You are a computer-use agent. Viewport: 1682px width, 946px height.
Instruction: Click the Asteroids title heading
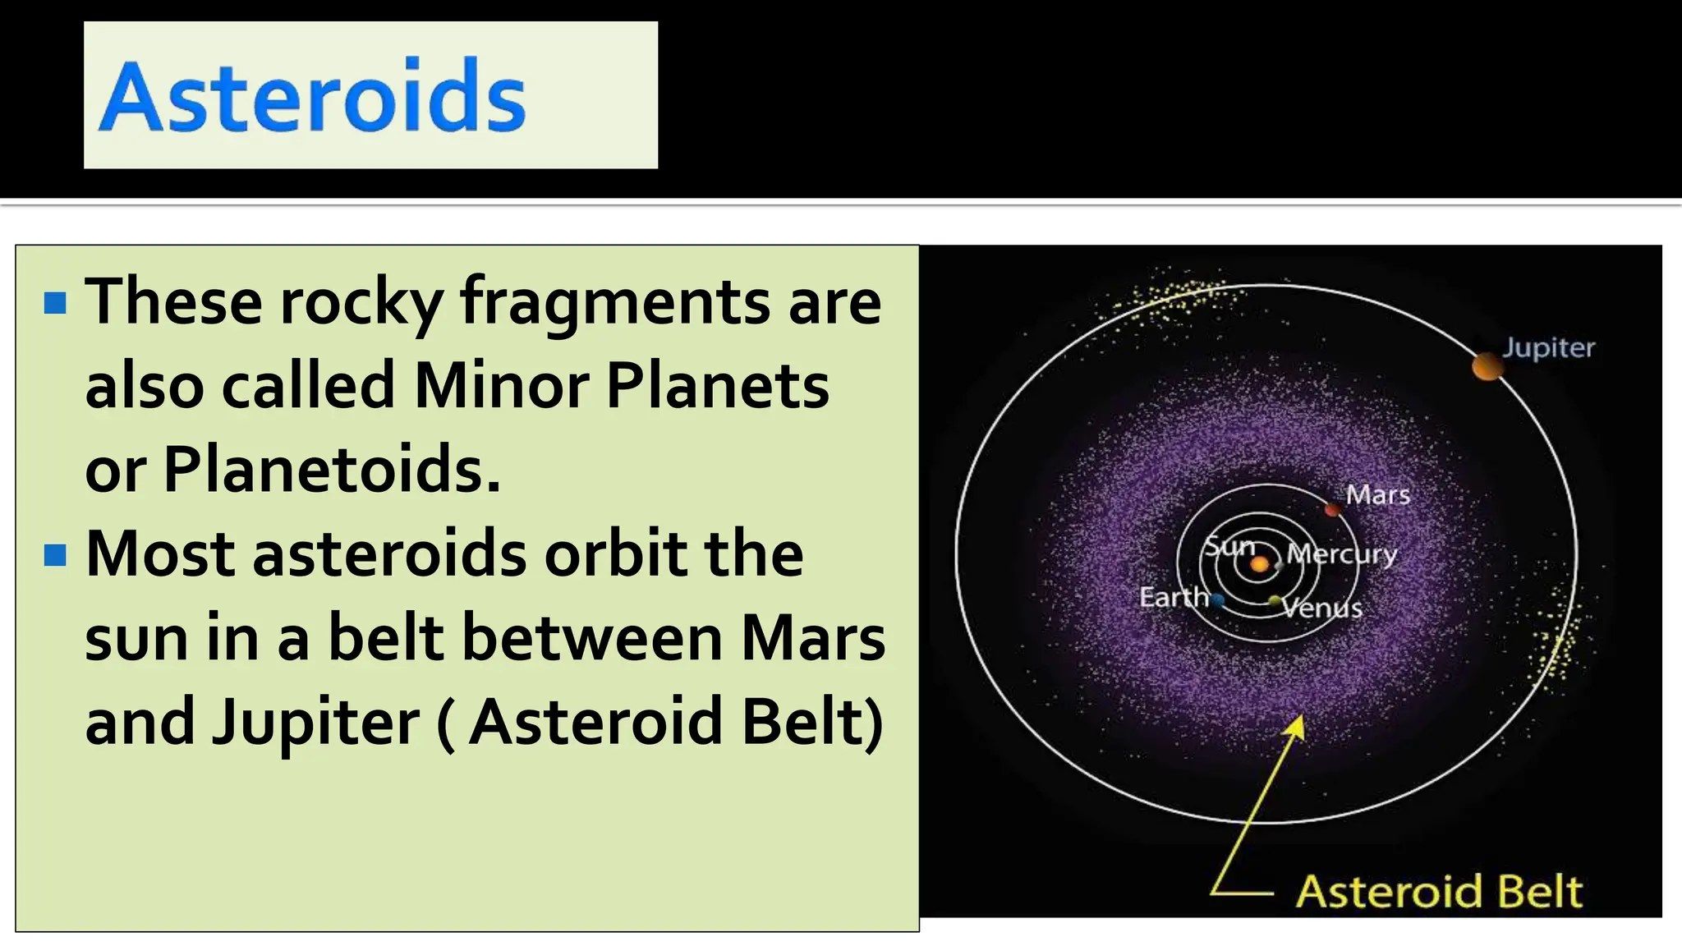(312, 96)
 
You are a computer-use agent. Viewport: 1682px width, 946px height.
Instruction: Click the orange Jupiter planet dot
(1487, 366)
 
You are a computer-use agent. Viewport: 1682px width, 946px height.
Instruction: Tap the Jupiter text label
(1548, 348)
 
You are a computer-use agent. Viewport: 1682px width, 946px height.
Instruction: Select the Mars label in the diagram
(1377, 495)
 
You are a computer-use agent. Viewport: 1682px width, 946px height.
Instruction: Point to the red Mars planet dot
(1333, 510)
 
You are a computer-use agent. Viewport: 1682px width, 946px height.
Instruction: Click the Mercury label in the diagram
(1342, 554)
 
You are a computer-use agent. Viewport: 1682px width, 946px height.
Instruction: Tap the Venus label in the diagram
(1322, 608)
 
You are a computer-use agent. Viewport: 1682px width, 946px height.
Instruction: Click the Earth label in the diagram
(1174, 597)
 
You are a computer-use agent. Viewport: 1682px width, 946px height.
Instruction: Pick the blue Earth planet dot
(1218, 600)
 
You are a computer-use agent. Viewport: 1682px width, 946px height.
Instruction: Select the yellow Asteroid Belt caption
(1439, 892)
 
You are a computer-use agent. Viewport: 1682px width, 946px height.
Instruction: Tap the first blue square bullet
(55, 303)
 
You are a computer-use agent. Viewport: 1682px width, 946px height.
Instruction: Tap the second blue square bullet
(55, 555)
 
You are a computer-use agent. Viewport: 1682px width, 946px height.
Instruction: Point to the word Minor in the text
(500, 386)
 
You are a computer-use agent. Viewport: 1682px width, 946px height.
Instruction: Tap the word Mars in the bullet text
(813, 639)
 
